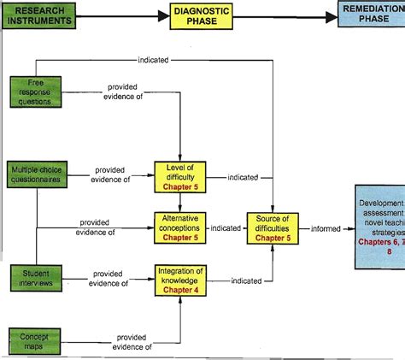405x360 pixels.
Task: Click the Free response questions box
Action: [x=35, y=91]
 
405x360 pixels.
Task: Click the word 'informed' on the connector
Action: [x=326, y=228]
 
